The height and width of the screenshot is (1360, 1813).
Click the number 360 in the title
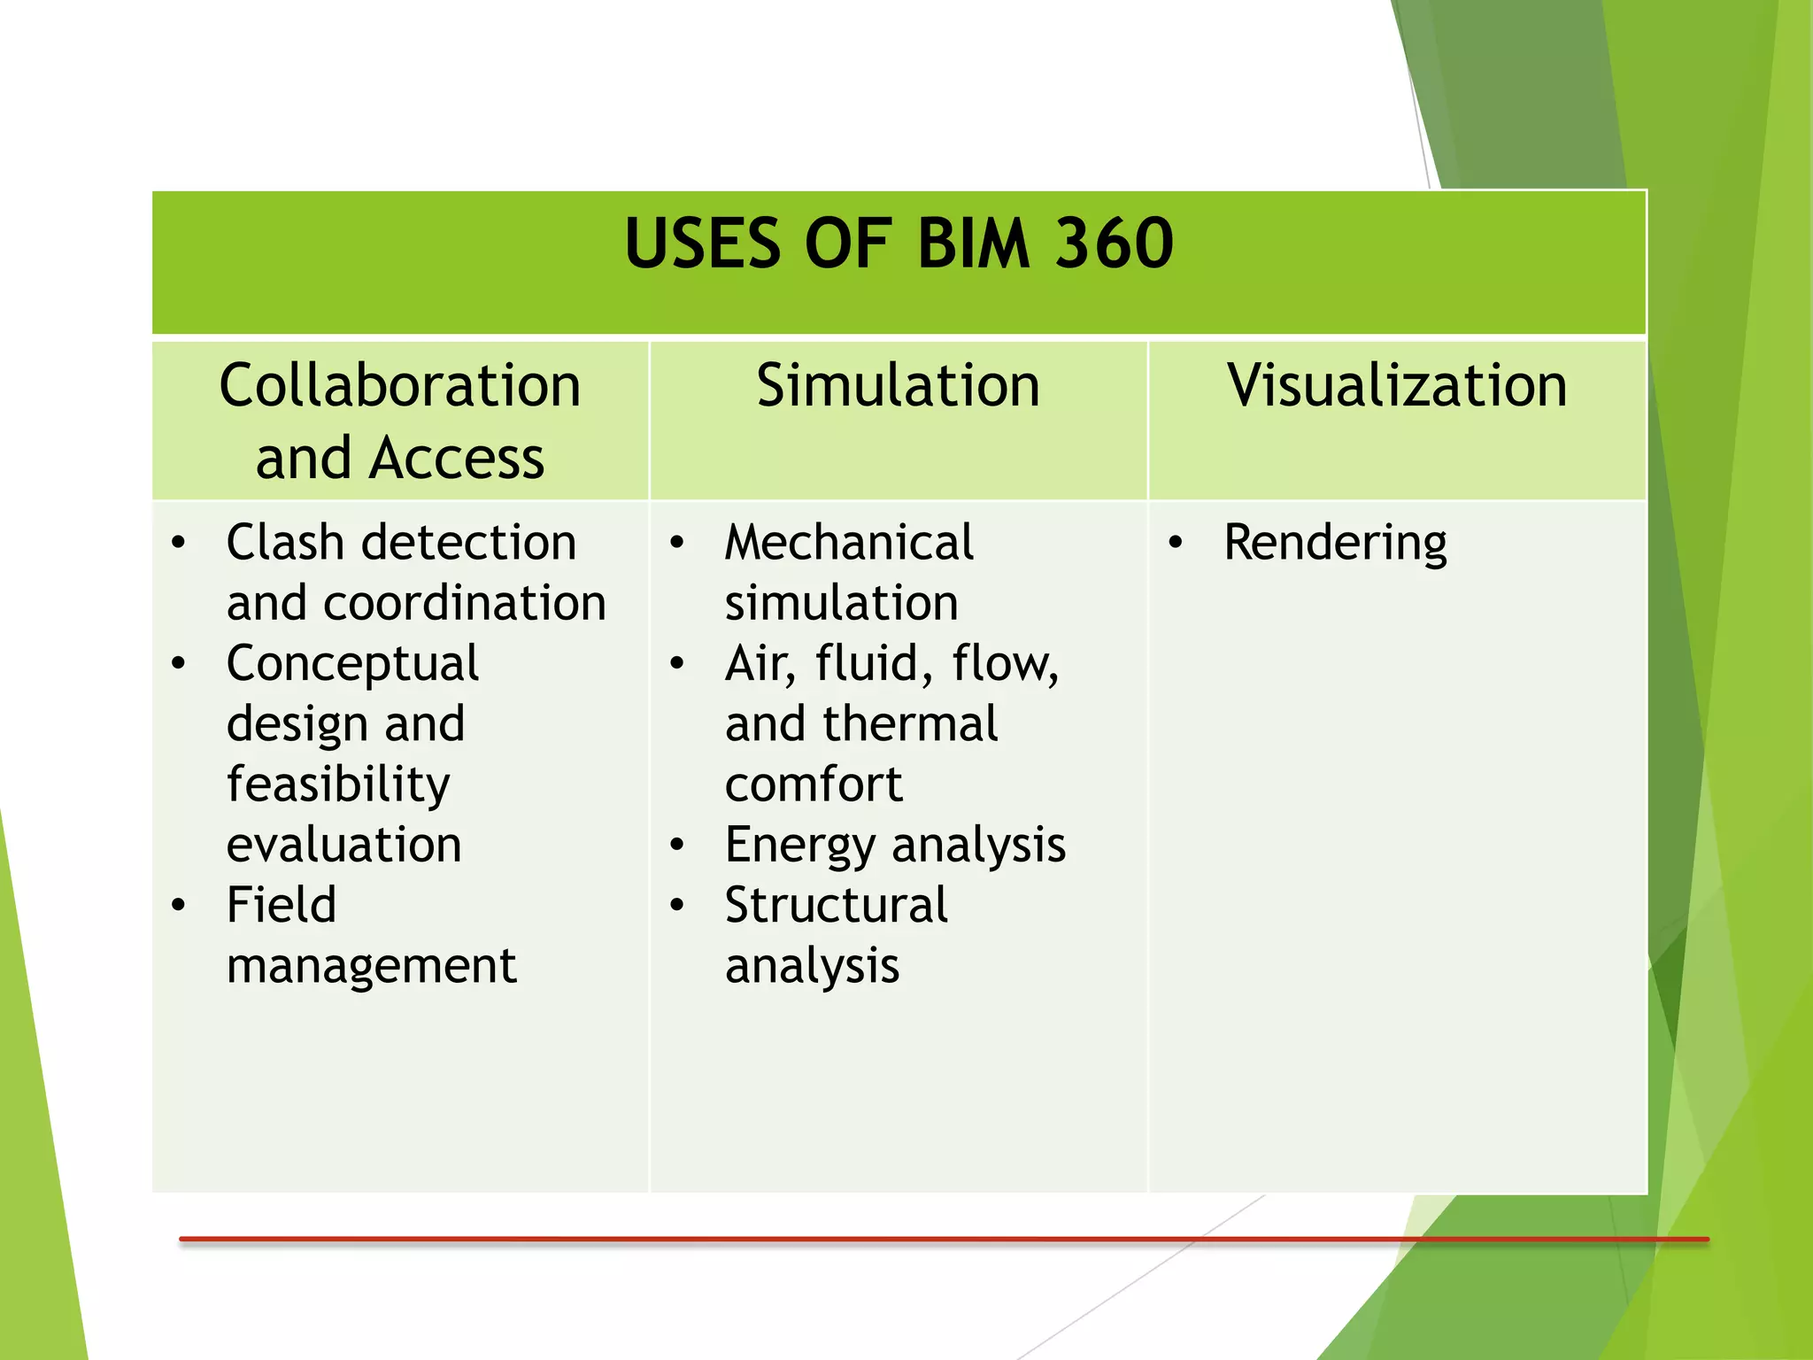pyautogui.click(x=1114, y=243)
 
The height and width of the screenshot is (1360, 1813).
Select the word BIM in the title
pyautogui.click(x=974, y=243)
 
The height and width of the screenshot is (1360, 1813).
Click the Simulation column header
pyautogui.click(x=898, y=386)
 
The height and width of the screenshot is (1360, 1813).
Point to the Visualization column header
pyautogui.click(x=1397, y=386)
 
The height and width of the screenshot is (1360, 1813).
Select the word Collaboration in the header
pyautogui.click(x=400, y=386)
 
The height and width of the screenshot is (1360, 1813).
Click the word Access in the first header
pyautogui.click(x=457, y=459)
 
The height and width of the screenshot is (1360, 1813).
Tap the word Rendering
pyautogui.click(x=1335, y=543)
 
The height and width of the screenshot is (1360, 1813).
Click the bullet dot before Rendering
pyautogui.click(x=1175, y=543)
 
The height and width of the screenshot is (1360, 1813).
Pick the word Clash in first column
pyautogui.click(x=284, y=542)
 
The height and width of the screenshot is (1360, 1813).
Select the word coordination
pyautogui.click(x=465, y=603)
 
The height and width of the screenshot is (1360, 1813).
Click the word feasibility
pyautogui.click(x=338, y=784)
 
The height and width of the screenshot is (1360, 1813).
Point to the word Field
pyautogui.click(x=282, y=905)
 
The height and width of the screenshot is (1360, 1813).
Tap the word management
pyautogui.click(x=371, y=966)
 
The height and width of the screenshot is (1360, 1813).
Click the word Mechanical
pyautogui.click(x=849, y=542)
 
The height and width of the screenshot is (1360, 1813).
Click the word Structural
pyautogui.click(x=836, y=905)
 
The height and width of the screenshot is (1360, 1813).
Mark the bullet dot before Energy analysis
pyautogui.click(x=677, y=845)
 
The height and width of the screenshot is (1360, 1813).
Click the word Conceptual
pyautogui.click(x=352, y=664)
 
